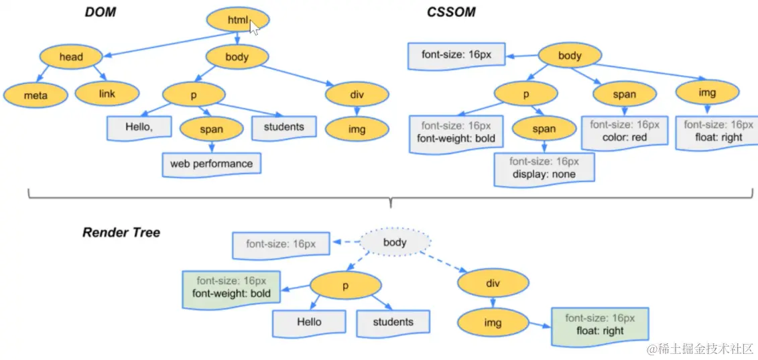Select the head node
point(70,57)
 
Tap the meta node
point(36,95)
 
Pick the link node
point(107,94)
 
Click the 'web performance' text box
point(211,164)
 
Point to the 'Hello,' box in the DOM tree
point(139,127)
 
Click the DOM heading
point(101,12)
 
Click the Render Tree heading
point(121,233)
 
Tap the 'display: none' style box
point(544,168)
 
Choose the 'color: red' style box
point(624,131)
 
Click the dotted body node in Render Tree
point(395,243)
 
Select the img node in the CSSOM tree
point(707,93)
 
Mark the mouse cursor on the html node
point(255,27)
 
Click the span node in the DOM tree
point(211,129)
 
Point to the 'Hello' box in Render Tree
point(309,322)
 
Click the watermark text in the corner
point(700,349)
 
